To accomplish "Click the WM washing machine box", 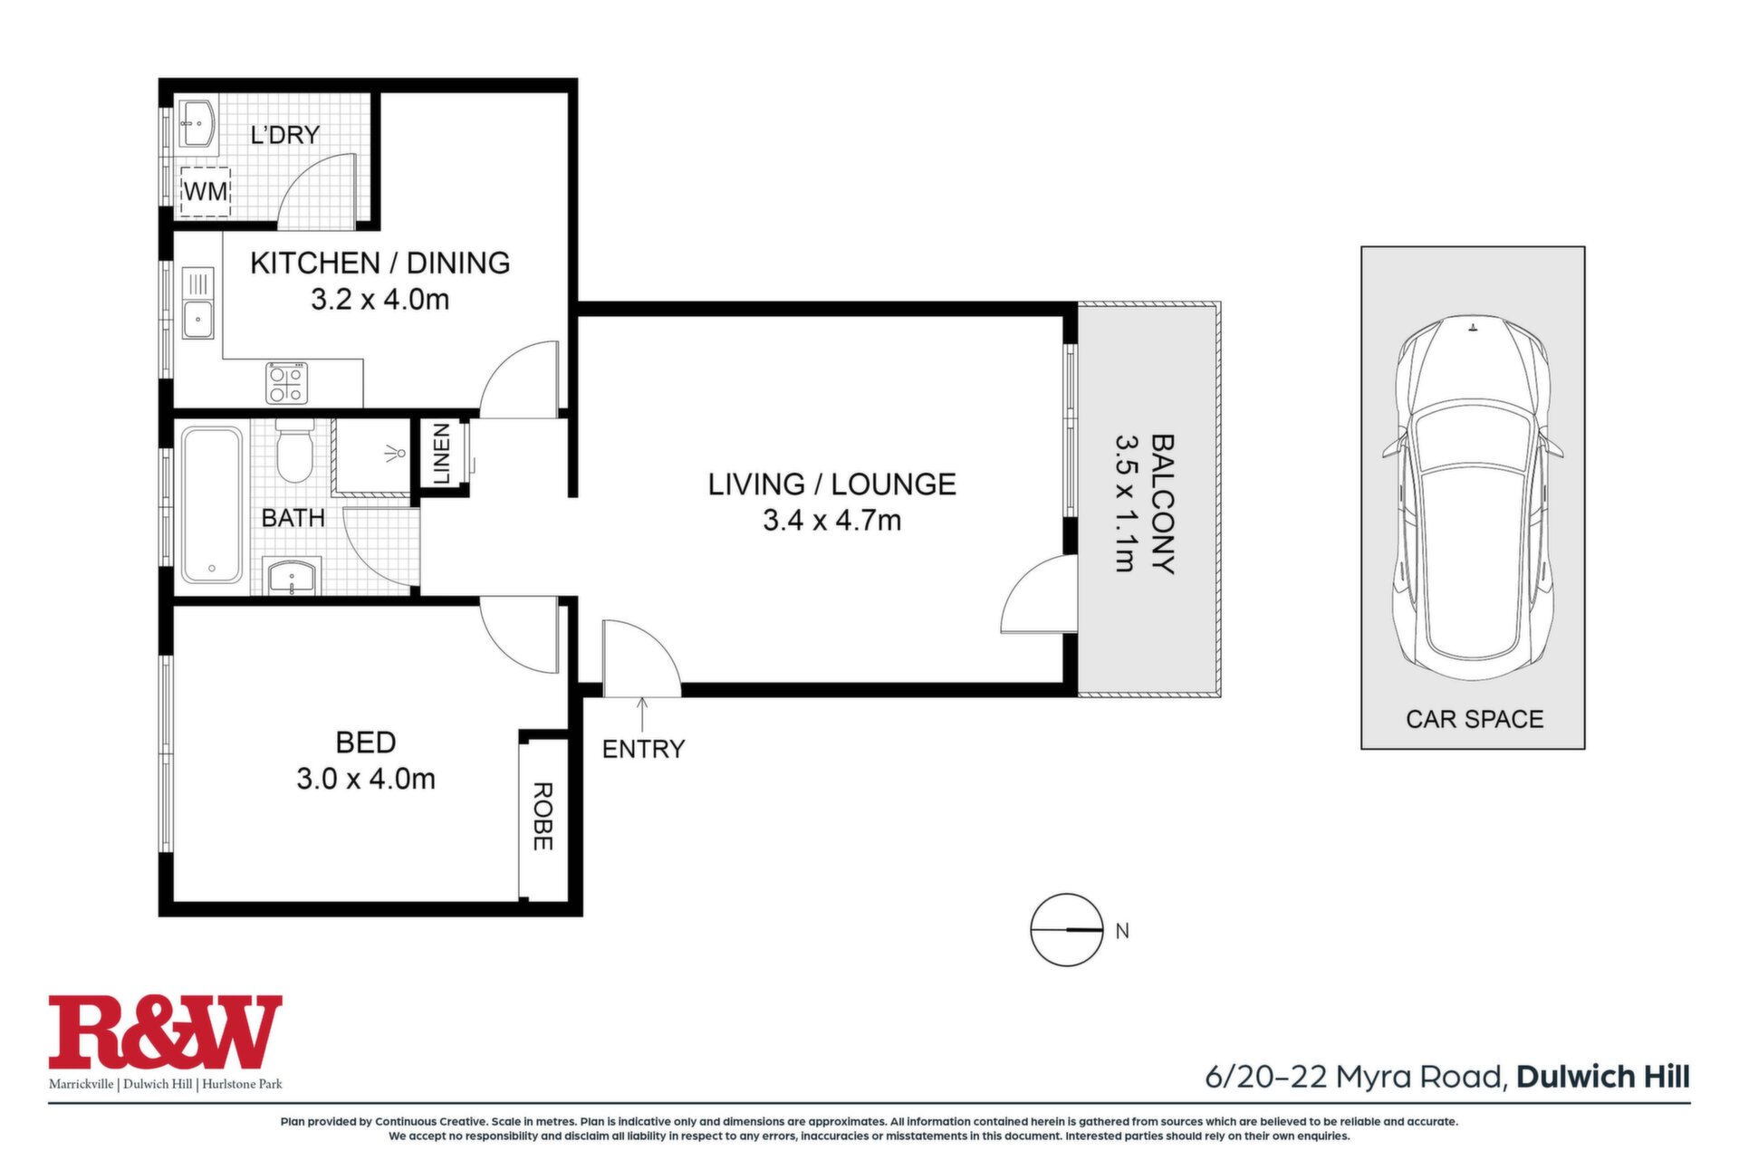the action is pos(206,191).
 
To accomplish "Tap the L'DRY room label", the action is pos(285,135).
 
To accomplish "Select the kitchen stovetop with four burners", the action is pos(287,382).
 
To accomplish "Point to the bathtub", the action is pos(212,504).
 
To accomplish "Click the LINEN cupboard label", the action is pos(442,454).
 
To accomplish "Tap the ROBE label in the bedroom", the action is pos(542,817).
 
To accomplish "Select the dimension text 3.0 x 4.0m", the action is pos(366,779).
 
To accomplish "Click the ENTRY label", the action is pos(643,749).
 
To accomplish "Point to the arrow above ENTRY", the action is pos(642,714).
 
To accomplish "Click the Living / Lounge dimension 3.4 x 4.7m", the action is pos(831,521).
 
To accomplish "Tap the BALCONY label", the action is pos(1162,504).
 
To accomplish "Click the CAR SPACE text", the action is pos(1475,719).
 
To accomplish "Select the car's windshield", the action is pos(1474,436).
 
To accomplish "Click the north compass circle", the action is pos(1067,930).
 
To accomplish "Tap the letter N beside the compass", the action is pos(1123,931).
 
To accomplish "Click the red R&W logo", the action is pos(165,1032).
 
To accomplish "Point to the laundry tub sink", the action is pos(197,123).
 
